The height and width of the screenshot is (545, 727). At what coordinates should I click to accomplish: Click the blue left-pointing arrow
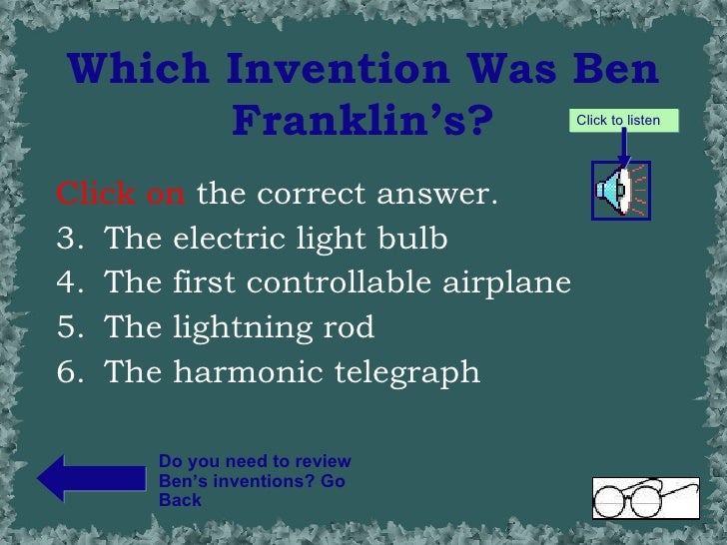pos(91,477)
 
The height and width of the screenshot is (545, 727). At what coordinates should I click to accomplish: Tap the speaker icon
pos(620,190)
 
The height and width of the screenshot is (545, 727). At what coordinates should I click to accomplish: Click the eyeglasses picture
pos(645,497)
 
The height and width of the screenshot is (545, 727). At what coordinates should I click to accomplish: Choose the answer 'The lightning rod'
pos(239,327)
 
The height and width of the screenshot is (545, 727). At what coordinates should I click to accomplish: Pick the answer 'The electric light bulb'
pos(276,241)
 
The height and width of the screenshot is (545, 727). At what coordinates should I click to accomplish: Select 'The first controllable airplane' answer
pos(337,283)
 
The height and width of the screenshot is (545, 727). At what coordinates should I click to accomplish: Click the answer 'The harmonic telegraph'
pos(292,372)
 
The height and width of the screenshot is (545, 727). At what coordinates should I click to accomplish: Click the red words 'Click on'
pos(121,193)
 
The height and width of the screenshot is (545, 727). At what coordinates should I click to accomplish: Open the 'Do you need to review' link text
pos(255,461)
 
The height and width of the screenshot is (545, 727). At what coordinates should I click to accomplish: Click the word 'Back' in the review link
pos(180,500)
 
